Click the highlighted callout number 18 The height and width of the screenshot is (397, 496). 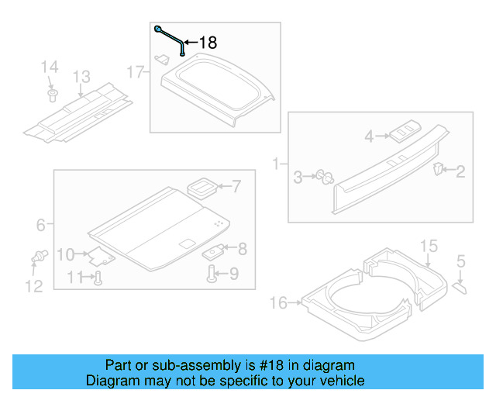[x=208, y=43]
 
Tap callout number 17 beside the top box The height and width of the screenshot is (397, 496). [x=136, y=72]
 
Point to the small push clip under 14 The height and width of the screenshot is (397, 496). [x=53, y=95]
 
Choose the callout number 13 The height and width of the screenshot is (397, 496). [x=81, y=77]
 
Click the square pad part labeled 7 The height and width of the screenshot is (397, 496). [x=202, y=186]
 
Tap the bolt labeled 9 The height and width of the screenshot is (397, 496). [x=212, y=273]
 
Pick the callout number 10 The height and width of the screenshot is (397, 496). [x=98, y=278]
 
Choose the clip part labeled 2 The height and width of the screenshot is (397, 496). [x=439, y=168]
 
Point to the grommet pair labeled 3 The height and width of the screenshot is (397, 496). [x=323, y=177]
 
